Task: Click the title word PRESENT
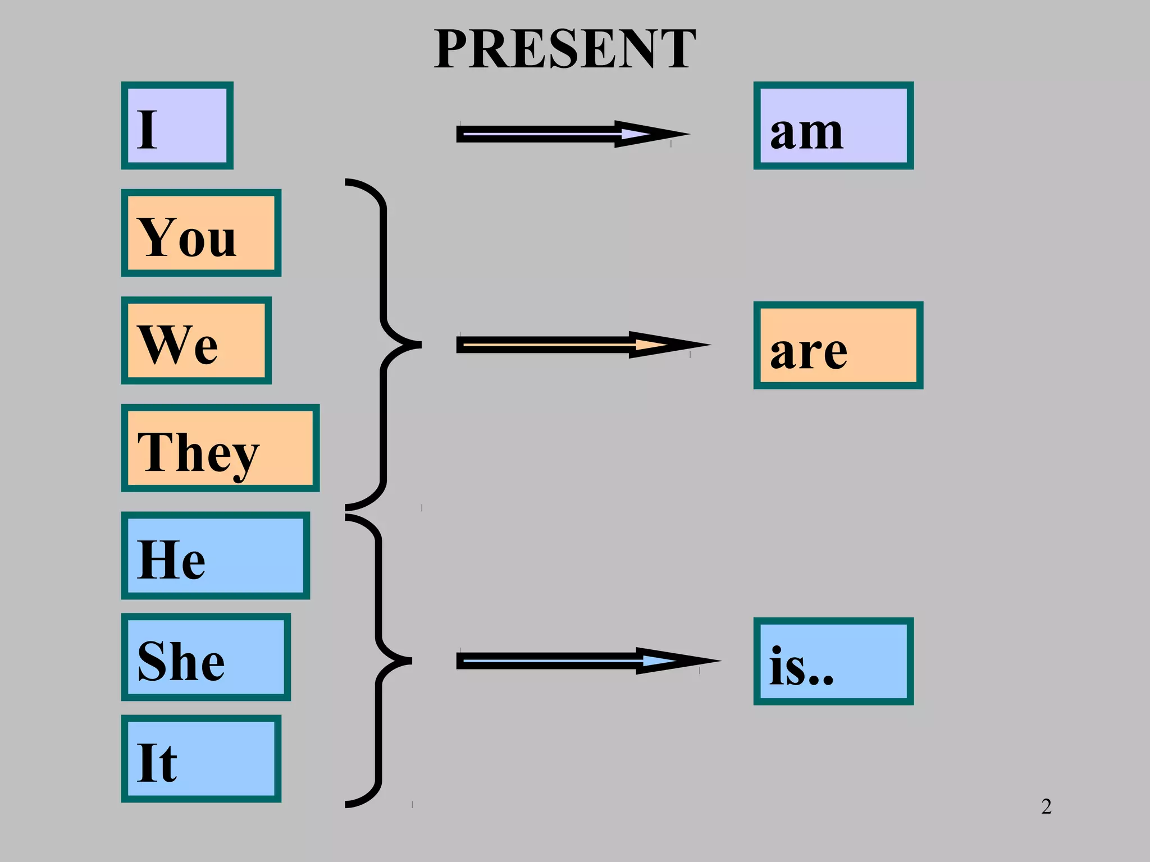point(564,49)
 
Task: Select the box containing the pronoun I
point(177,126)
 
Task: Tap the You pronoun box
point(201,233)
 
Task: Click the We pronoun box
point(196,341)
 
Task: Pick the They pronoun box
point(220,448)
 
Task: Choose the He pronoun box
point(215,556)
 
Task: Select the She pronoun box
point(206,657)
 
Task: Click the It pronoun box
point(201,759)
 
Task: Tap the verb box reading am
point(833,126)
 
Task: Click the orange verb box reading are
point(838,345)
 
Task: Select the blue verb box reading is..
point(833,661)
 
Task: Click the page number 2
point(1046,806)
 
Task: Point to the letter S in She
point(153,661)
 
